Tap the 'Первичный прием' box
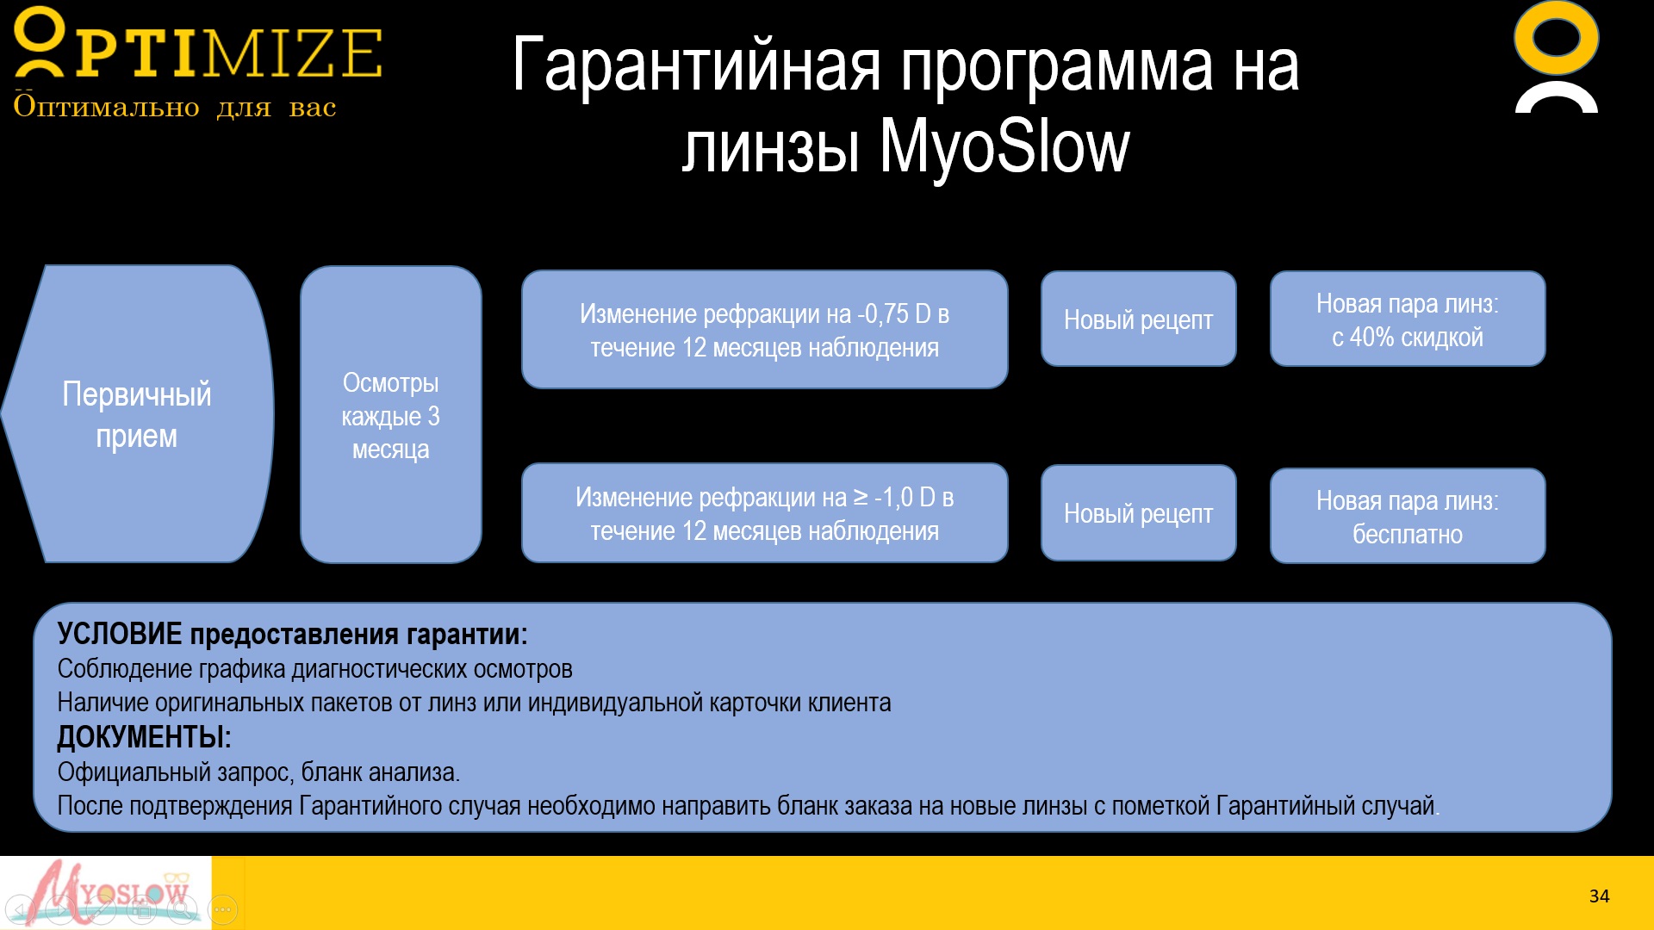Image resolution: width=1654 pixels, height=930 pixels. coord(138,414)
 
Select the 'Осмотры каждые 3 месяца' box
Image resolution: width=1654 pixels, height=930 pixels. coord(391,414)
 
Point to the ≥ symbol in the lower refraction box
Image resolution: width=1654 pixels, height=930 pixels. coord(861,497)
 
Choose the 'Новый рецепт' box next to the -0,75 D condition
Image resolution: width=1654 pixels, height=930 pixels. coord(1138,319)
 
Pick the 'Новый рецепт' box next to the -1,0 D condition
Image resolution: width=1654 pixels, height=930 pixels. coord(1138,513)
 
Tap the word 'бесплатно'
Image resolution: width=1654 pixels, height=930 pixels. coord(1408,535)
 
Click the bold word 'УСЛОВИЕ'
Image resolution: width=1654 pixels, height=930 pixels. coord(120,634)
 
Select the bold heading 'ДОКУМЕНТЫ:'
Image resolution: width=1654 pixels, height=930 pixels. coord(144,737)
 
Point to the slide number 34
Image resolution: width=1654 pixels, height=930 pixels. coord(1599,896)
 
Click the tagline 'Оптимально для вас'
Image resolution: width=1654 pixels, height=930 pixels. coord(175,107)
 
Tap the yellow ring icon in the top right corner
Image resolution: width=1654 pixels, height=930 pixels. coord(1556,38)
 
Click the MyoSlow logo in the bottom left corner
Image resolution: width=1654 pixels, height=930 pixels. coord(106,893)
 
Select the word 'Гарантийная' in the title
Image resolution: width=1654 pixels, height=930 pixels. coord(697,65)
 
